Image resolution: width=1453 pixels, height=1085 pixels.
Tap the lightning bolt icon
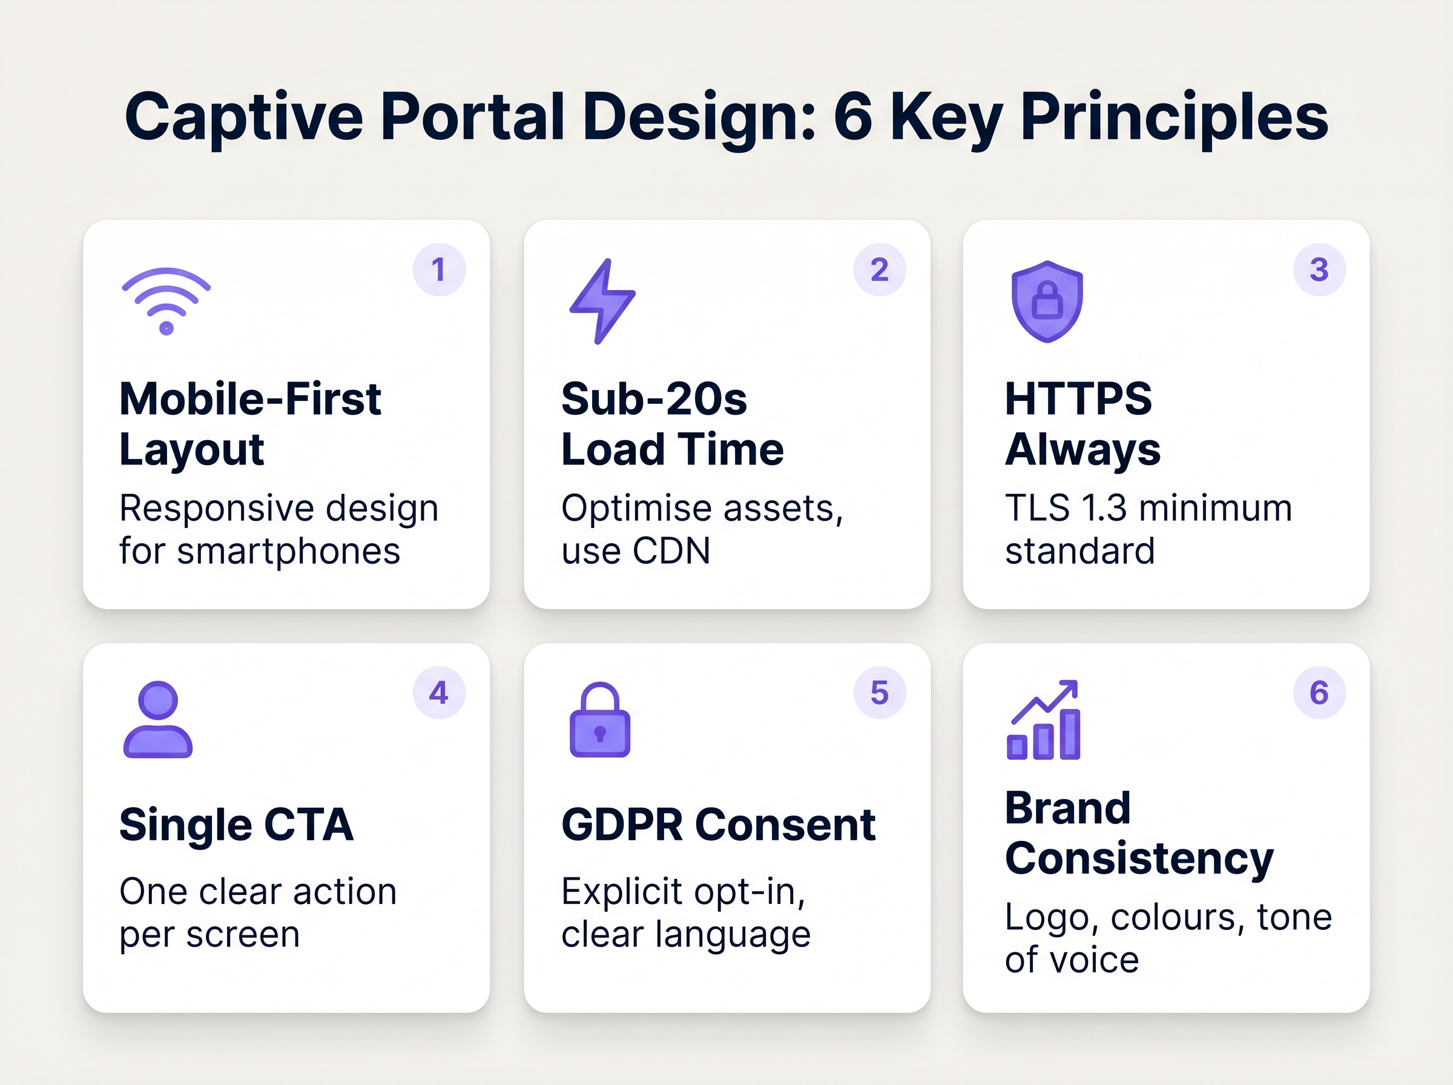(x=601, y=302)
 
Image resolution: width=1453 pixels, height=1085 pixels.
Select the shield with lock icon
(x=1047, y=302)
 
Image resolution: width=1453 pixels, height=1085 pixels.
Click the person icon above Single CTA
(x=157, y=720)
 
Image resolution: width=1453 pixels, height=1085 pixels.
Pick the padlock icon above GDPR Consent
(x=599, y=720)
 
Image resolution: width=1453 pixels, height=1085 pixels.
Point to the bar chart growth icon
(x=1043, y=721)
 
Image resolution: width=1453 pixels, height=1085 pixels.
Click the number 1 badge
(x=438, y=270)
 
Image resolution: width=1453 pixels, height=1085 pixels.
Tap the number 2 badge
(x=879, y=270)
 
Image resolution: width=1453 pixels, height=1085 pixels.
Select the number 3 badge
(x=1319, y=270)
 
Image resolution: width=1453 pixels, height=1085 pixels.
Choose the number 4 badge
(x=438, y=693)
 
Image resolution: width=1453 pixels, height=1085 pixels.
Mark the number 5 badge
(x=879, y=693)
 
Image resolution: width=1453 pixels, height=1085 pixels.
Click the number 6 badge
(x=1319, y=693)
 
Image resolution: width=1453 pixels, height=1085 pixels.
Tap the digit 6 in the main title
(x=853, y=117)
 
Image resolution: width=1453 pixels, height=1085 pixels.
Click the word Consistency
(x=1139, y=859)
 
